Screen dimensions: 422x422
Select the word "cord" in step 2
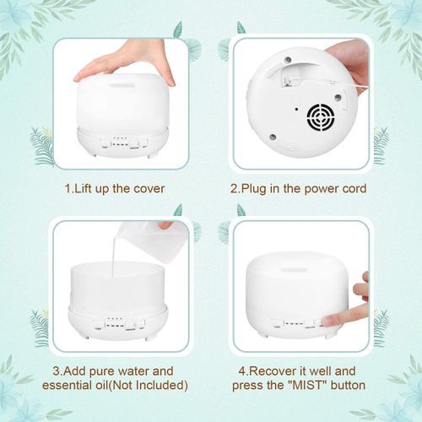click(354, 188)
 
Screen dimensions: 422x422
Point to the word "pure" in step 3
click(101, 372)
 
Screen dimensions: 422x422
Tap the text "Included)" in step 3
click(162, 385)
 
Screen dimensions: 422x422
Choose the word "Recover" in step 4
click(268, 371)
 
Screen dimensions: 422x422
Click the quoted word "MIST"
click(307, 385)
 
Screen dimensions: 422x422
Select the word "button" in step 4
click(348, 385)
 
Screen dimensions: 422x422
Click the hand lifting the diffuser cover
click(126, 64)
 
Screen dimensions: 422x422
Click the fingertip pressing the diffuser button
click(330, 321)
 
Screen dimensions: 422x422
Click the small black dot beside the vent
click(296, 109)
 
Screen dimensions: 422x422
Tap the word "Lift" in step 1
click(83, 188)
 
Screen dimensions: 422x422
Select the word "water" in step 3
click(132, 371)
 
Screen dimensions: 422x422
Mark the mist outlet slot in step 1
click(123, 84)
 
